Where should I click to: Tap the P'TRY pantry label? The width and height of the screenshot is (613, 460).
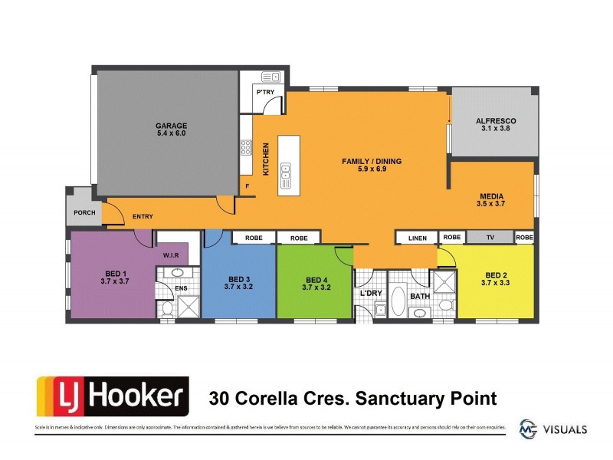click(x=265, y=93)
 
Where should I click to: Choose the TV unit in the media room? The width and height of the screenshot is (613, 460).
click(x=490, y=238)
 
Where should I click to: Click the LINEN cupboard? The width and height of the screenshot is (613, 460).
click(x=417, y=238)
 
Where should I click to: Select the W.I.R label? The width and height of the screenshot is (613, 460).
click(x=170, y=255)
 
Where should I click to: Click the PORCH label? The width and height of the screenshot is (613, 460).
click(x=84, y=212)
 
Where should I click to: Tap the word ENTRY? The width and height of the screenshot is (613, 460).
click(x=143, y=217)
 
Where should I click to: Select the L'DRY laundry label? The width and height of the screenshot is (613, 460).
click(x=370, y=293)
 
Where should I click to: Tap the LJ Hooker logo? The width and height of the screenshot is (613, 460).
click(x=112, y=397)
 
